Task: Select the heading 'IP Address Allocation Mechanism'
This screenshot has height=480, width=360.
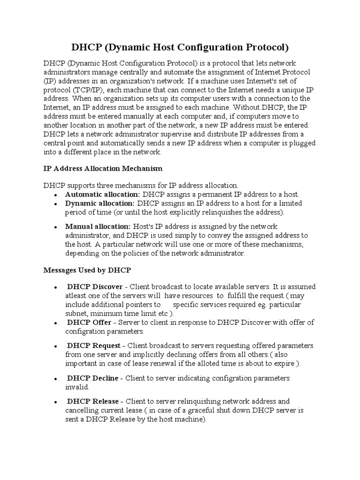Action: point(103,168)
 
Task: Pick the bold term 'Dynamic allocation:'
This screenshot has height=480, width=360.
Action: point(100,203)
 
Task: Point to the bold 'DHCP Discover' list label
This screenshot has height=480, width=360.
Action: point(95,286)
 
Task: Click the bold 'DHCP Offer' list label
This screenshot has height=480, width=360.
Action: point(89,322)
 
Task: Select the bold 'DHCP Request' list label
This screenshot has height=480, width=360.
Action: point(93,345)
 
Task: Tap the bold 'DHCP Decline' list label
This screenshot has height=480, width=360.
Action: point(92,378)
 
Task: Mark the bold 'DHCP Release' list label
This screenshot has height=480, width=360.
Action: point(93,401)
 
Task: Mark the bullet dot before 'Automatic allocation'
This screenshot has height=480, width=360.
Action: point(56,195)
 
